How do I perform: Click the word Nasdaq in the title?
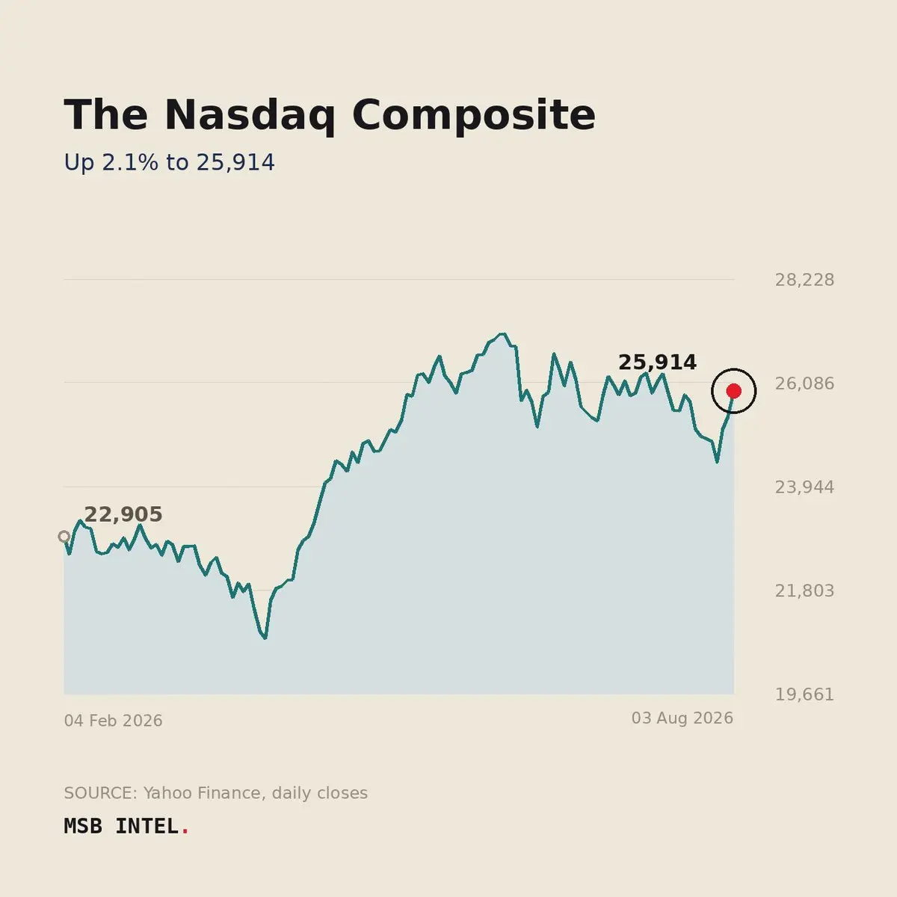tap(250, 115)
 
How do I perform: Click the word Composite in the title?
tap(474, 115)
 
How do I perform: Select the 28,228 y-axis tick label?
tap(804, 280)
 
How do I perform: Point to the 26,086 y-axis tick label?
tap(804, 383)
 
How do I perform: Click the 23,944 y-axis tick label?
tap(804, 487)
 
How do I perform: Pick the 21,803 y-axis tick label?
tap(804, 591)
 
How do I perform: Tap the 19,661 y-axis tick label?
tap(804, 694)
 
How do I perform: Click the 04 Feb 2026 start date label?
tap(113, 721)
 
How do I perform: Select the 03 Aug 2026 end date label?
tap(682, 718)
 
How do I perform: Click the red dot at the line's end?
tap(733, 391)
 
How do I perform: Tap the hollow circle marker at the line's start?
tap(64, 537)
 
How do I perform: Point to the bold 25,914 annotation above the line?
tap(657, 362)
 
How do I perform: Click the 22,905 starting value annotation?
tap(123, 514)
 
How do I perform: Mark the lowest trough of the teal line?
tap(265, 638)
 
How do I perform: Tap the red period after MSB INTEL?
tap(185, 833)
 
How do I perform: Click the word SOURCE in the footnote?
tap(101, 793)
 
